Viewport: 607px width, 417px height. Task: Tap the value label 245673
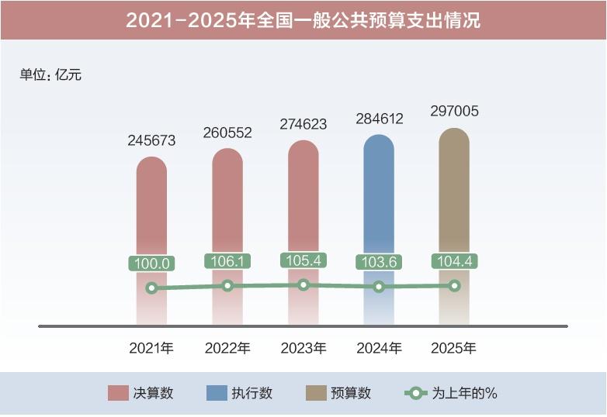(151, 141)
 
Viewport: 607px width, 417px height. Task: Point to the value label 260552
(227, 133)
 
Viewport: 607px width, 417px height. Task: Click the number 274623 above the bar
(303, 124)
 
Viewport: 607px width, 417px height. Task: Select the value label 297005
(454, 112)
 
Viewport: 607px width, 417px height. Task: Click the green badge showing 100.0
(151, 264)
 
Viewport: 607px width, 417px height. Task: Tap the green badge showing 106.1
(227, 261)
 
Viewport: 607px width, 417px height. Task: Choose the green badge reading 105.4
(303, 260)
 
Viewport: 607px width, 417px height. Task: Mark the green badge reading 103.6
(379, 262)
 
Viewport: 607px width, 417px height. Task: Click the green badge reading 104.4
(454, 261)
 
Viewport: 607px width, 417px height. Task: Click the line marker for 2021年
(151, 288)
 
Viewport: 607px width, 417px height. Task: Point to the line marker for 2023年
(303, 284)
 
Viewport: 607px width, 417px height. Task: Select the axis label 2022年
(227, 349)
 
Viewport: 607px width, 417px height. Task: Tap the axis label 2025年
(454, 349)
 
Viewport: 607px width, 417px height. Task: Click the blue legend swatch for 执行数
(217, 393)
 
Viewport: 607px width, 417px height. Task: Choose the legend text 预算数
(350, 393)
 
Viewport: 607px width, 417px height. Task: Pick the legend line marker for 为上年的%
(416, 393)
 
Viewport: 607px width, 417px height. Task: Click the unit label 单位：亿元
(50, 75)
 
